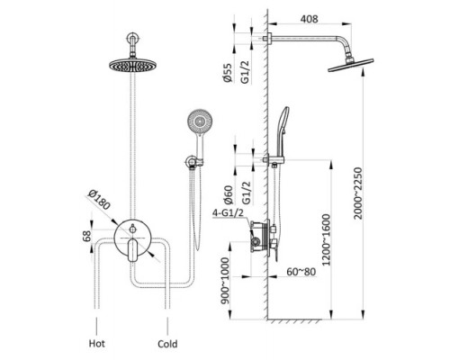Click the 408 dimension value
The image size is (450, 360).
pyautogui.click(x=309, y=19)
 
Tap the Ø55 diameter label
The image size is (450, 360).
pyautogui.click(x=228, y=73)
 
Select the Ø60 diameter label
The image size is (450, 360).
pyautogui.click(x=228, y=195)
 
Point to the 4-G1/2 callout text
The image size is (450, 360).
pyautogui.click(x=228, y=213)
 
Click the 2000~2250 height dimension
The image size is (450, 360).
pyautogui.click(x=357, y=193)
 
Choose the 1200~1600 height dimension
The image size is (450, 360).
pyautogui.click(x=326, y=239)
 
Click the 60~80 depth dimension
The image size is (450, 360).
pyautogui.click(x=301, y=272)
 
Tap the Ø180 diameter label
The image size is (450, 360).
pyautogui.click(x=99, y=200)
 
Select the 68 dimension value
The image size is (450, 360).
pyautogui.click(x=86, y=236)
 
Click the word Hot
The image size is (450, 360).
pyautogui.click(x=97, y=343)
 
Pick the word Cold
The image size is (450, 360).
pyautogui.click(x=167, y=344)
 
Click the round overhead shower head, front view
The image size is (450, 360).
pyautogui.click(x=133, y=65)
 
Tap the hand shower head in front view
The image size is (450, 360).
pyautogui.click(x=200, y=121)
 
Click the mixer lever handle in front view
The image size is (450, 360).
pyautogui.click(x=132, y=250)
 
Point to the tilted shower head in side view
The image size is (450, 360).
pyautogui.click(x=351, y=65)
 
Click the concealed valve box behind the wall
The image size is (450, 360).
pyautogui.click(x=259, y=237)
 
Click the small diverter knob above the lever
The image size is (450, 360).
pyautogui.click(x=132, y=229)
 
